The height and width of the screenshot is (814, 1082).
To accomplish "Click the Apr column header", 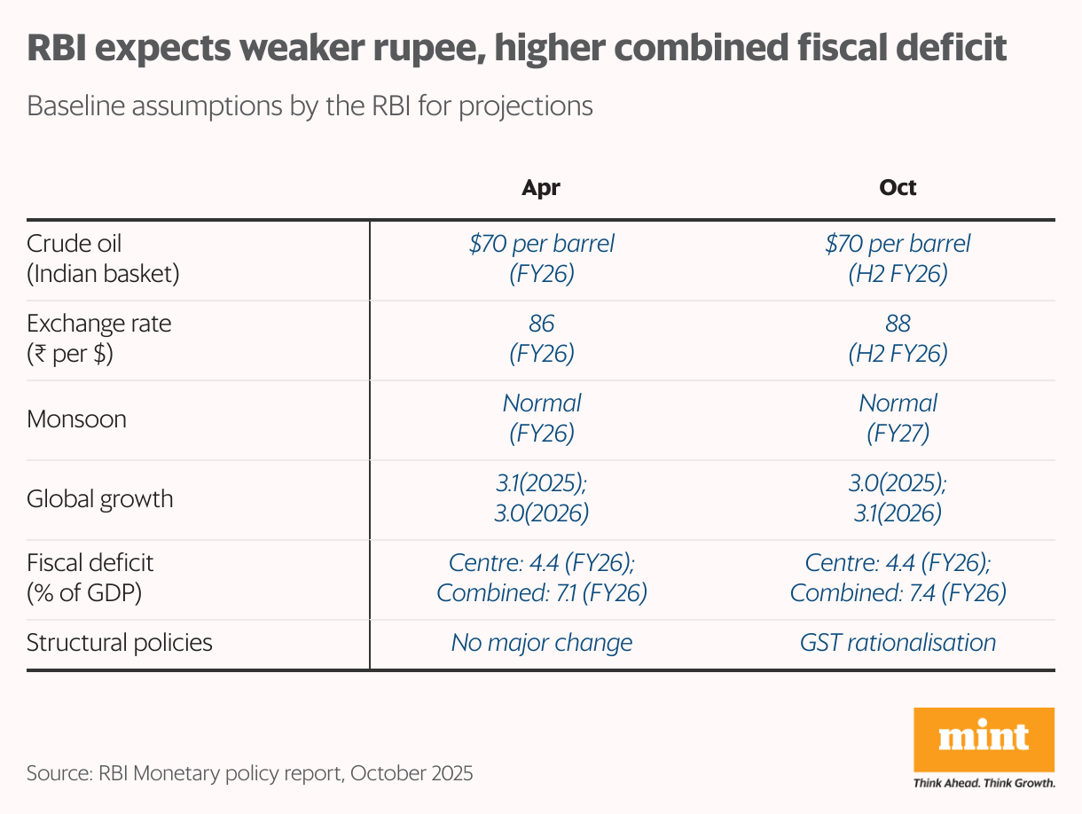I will [541, 188].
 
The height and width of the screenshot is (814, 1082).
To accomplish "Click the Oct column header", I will [898, 188].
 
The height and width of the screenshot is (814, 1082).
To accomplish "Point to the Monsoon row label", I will [76, 419].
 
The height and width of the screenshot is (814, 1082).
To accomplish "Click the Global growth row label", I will [99, 498].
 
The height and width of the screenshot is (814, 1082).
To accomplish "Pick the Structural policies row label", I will [120, 642].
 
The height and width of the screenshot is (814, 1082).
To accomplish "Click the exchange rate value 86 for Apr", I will [541, 324].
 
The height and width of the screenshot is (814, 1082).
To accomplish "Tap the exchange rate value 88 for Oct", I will [898, 324].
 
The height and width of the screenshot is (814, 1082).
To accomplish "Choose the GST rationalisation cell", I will [898, 642].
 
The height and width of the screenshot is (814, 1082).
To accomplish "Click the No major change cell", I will [541, 642].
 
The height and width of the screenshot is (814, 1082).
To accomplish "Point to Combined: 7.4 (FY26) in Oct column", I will [898, 593].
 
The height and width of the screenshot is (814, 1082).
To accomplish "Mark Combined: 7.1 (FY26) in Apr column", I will [541, 593].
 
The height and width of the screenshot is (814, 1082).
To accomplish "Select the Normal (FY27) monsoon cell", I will [898, 419].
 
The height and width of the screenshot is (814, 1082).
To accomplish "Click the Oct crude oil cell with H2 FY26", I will [898, 258].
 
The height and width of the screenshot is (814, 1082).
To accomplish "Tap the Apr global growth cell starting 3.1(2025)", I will [541, 498].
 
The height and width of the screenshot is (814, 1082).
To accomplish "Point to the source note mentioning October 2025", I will [249, 773].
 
